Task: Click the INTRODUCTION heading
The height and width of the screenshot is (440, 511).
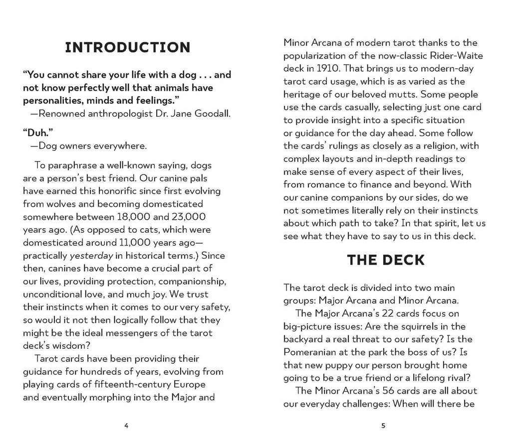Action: (x=128, y=48)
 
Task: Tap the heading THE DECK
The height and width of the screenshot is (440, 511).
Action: (x=385, y=260)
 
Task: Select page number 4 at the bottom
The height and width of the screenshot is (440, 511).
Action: (x=127, y=426)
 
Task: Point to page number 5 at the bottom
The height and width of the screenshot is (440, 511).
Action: (x=383, y=426)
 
